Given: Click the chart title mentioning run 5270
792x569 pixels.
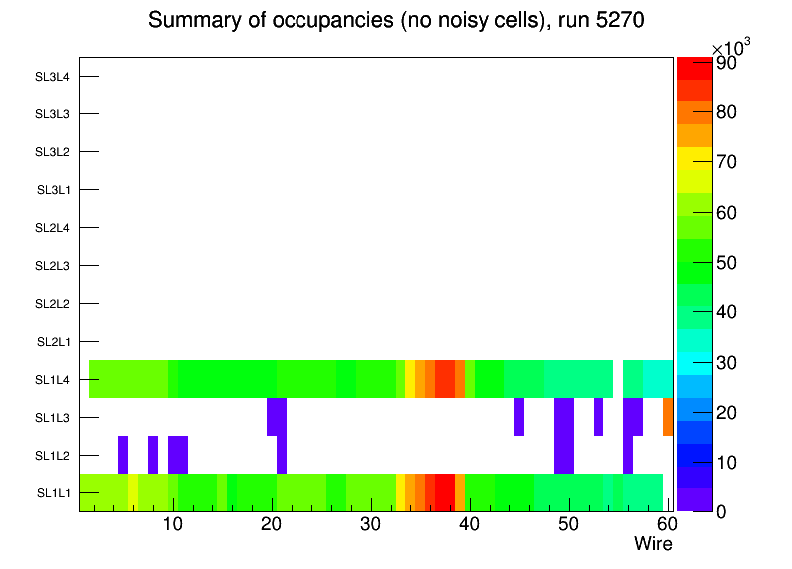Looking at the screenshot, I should click(397, 21).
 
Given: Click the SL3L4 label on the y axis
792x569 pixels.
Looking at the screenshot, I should click(53, 77).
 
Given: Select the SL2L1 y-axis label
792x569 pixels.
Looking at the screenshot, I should click(53, 342).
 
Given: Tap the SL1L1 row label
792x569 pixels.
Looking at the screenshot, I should click(53, 493).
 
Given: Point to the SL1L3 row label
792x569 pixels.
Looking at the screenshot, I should click(53, 418).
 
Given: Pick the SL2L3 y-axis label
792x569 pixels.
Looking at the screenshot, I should click(53, 267).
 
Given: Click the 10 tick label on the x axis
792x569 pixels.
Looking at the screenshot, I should click(174, 524).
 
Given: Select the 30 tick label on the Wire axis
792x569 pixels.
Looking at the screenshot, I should click(370, 524).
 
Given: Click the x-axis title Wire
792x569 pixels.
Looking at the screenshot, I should click(653, 544).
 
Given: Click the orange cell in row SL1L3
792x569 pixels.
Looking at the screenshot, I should click(668, 417).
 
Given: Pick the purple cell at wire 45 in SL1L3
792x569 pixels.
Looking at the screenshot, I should click(519, 417).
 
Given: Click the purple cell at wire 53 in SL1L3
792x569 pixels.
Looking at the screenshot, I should click(598, 417).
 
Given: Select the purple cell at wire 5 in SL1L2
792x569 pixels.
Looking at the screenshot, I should click(123, 455).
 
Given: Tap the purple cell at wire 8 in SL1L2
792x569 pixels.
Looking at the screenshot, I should click(153, 455).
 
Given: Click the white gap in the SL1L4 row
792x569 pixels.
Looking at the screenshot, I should click(618, 379).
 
